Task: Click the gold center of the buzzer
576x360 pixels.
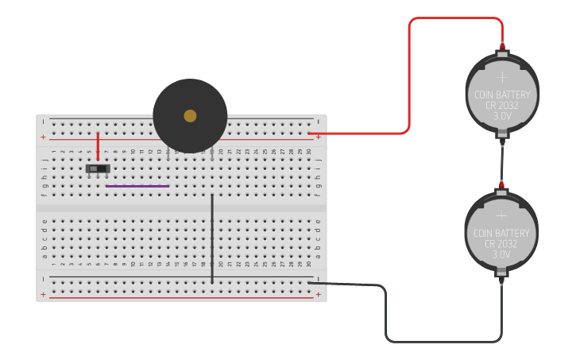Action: coord(190,116)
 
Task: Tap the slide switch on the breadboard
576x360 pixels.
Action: coord(97,168)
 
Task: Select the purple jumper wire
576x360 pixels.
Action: coord(137,186)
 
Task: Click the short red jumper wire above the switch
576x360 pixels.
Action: coord(99,146)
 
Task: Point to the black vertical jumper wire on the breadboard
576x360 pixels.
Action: coord(212,238)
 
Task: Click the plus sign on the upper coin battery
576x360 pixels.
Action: coord(501,77)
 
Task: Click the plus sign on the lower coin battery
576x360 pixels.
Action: coord(501,215)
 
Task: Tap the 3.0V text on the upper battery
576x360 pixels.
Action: coord(501,116)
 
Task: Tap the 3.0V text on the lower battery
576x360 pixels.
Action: coord(501,254)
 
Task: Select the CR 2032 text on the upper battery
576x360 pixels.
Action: coord(501,105)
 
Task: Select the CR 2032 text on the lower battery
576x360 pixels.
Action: coord(501,244)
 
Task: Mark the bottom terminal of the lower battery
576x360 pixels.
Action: coord(501,279)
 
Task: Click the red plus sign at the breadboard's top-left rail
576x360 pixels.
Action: coord(43,137)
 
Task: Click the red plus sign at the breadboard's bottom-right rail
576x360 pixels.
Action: coord(319,295)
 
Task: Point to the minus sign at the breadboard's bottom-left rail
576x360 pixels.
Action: coord(43,279)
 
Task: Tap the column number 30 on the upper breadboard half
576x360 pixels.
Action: coord(309,151)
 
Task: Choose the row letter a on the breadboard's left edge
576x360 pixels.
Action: coord(44,256)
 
